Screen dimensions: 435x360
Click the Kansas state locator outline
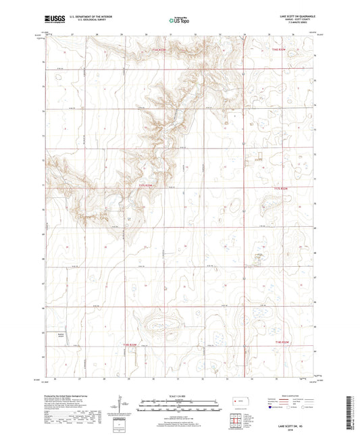click(236, 403)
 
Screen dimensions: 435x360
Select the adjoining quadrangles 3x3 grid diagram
click(236, 421)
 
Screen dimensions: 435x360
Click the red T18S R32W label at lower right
click(284, 343)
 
